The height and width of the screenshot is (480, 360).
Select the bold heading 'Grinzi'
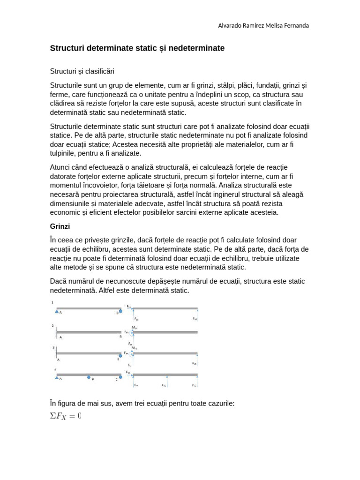[60, 226]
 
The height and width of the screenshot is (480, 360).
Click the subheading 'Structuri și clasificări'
[82, 71]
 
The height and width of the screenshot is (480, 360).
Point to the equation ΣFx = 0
[66, 416]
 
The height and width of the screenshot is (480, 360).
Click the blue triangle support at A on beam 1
[57, 311]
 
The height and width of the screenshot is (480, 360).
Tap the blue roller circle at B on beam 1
[120, 311]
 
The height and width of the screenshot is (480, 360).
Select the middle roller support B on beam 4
[89, 377]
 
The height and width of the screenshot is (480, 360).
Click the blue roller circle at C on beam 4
[120, 377]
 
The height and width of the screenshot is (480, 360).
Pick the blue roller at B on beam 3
[120, 356]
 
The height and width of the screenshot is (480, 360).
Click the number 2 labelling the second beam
[53, 325]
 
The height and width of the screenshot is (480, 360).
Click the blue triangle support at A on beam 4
[57, 377]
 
